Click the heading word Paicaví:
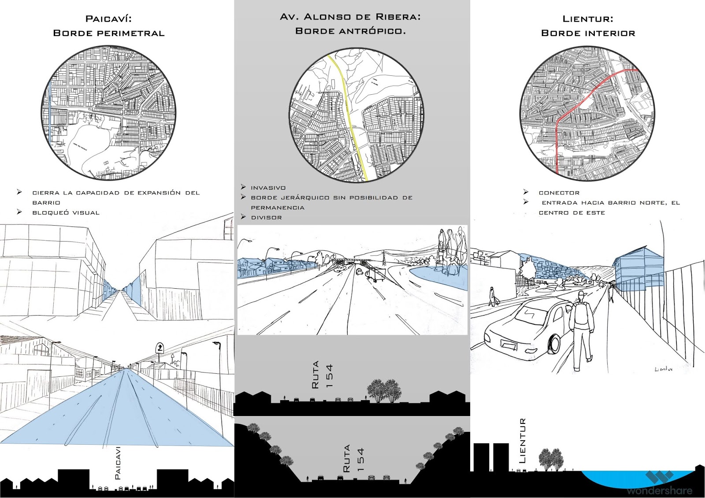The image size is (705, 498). coord(108,19)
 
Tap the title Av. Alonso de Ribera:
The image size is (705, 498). coord(350,17)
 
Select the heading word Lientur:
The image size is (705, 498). coord(588,19)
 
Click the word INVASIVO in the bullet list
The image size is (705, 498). coord(268,188)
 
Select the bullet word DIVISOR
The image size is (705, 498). coord(266,217)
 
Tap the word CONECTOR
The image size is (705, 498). coord(559,193)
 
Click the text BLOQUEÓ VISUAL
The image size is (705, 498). coord(66,212)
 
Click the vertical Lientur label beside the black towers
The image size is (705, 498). coord(523,440)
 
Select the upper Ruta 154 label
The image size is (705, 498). coord(322,375)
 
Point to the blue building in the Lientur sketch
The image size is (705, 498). coord(639,267)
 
